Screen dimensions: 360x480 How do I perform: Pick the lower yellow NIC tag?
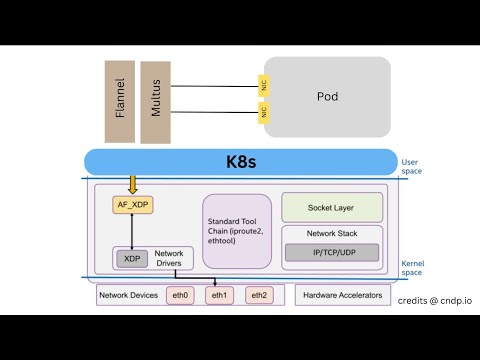pyautogui.click(x=264, y=113)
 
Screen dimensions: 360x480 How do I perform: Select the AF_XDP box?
pyautogui.click(x=132, y=205)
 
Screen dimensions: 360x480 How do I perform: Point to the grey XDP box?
pyautogui.click(x=132, y=258)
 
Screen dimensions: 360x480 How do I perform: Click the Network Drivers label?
pyautogui.click(x=168, y=258)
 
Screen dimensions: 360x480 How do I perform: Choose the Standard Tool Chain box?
pyautogui.click(x=237, y=231)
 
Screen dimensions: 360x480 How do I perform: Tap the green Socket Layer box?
pyautogui.click(x=332, y=207)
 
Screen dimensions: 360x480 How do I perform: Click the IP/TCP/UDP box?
pyautogui.click(x=332, y=253)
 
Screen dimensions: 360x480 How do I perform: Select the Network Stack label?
pyautogui.click(x=332, y=234)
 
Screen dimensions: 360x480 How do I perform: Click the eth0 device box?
pyautogui.click(x=181, y=295)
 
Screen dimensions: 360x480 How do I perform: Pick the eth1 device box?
pyautogui.click(x=220, y=295)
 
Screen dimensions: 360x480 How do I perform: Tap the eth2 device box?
pyautogui.click(x=259, y=295)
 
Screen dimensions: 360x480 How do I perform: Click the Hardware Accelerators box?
pyautogui.click(x=343, y=295)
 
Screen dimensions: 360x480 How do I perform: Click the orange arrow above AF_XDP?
pyautogui.click(x=132, y=184)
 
